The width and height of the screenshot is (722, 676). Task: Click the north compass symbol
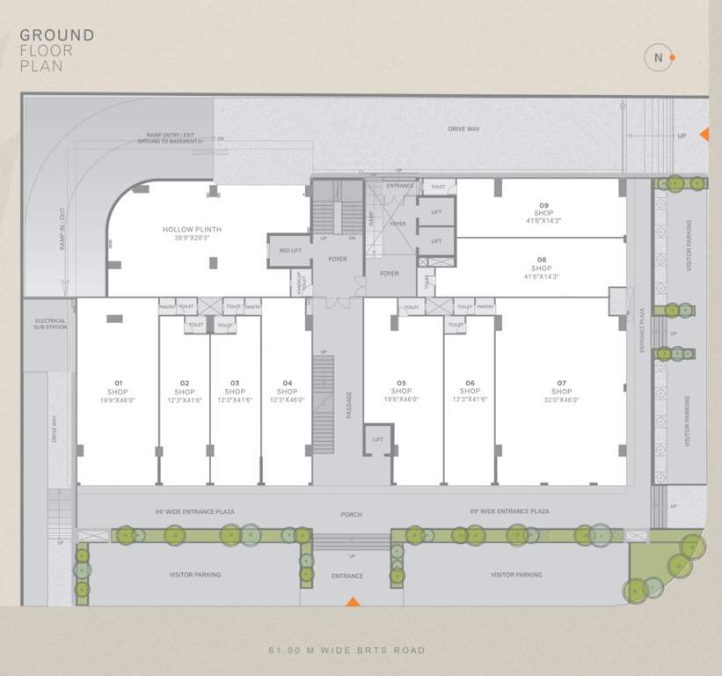click(x=658, y=58)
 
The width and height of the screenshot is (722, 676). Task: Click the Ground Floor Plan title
click(x=57, y=50)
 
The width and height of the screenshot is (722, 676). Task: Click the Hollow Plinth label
click(x=192, y=233)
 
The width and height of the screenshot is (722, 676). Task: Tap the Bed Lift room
click(x=288, y=251)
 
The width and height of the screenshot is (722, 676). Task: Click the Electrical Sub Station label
click(x=51, y=324)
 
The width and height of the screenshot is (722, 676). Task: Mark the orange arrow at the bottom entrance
click(x=353, y=601)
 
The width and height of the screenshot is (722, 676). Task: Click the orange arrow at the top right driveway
click(x=704, y=134)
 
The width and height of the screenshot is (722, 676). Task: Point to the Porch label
click(x=352, y=515)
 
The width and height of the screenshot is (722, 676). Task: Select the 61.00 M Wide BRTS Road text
click(x=346, y=650)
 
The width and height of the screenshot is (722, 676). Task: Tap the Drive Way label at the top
click(x=463, y=129)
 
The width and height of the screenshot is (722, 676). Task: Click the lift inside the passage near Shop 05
click(x=377, y=439)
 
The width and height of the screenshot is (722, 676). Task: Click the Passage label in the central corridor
click(x=348, y=404)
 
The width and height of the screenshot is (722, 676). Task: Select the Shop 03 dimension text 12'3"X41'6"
click(x=235, y=400)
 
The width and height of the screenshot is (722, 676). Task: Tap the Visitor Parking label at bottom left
click(x=194, y=575)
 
